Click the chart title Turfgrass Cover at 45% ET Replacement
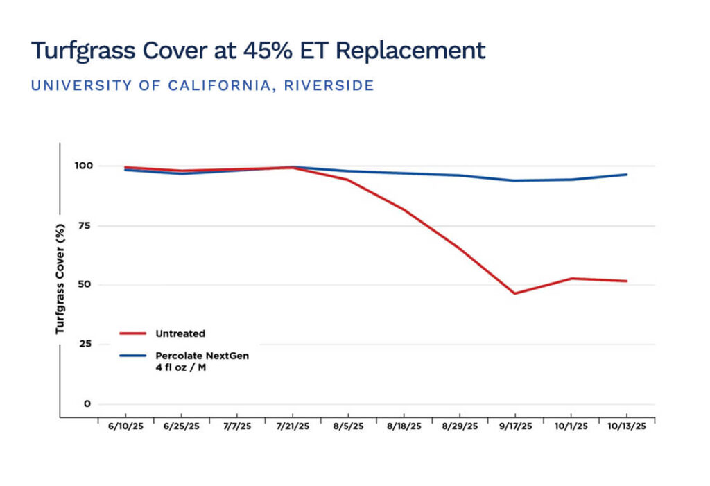[x=258, y=51]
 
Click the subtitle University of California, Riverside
[x=202, y=85]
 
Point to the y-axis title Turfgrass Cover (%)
[x=60, y=279]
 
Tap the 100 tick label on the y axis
[x=84, y=166]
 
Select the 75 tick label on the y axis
[x=85, y=225]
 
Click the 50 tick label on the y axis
[x=85, y=284]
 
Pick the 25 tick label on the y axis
[x=85, y=344]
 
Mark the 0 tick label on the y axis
[x=87, y=403]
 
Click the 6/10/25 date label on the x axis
[x=126, y=426]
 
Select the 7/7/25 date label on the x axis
[x=237, y=426]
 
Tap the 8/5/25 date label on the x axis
[x=348, y=426]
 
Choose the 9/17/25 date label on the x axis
[x=515, y=426]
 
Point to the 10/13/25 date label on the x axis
[x=627, y=426]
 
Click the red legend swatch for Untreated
[x=132, y=333]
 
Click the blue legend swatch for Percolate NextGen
[x=132, y=356]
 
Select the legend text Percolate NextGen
[x=202, y=356]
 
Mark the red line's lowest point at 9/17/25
[x=515, y=293]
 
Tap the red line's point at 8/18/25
[x=404, y=209]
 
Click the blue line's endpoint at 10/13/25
[x=627, y=175]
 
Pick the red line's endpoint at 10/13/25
[x=627, y=281]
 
